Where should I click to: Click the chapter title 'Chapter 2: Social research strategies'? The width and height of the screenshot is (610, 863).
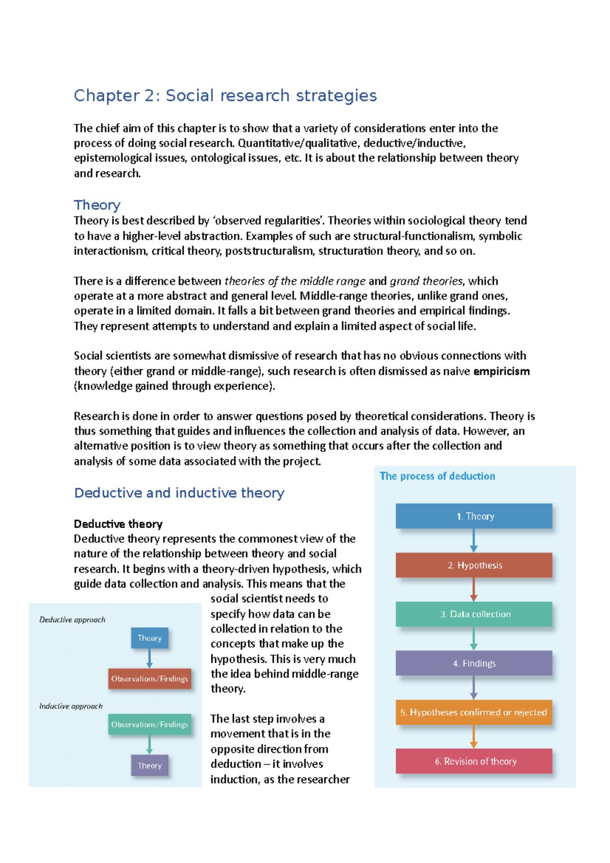pyautogui.click(x=225, y=96)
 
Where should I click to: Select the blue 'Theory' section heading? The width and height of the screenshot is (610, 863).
pyautogui.click(x=97, y=205)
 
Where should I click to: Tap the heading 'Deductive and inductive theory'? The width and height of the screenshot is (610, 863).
pyautogui.click(x=179, y=493)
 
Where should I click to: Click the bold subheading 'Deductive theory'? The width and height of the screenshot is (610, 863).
pyautogui.click(x=118, y=524)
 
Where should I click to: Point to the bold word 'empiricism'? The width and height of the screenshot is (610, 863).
pyautogui.click(x=501, y=371)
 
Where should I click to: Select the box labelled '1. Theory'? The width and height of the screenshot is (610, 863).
pyautogui.click(x=474, y=516)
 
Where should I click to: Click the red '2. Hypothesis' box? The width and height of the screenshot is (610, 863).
pyautogui.click(x=474, y=565)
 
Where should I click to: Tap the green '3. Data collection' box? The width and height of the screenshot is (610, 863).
pyautogui.click(x=474, y=614)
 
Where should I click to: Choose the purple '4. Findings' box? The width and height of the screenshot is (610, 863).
pyautogui.click(x=474, y=663)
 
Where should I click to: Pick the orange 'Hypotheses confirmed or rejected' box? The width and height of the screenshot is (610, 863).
pyautogui.click(x=474, y=712)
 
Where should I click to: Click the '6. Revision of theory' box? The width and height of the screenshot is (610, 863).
pyautogui.click(x=474, y=761)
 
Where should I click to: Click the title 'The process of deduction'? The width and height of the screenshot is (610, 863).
pyautogui.click(x=437, y=476)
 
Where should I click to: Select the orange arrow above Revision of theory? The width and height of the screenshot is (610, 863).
pyautogui.click(x=474, y=736)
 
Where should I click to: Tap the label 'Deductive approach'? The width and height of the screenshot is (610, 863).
pyautogui.click(x=72, y=620)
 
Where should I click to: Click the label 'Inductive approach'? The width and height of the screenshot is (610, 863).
pyautogui.click(x=71, y=706)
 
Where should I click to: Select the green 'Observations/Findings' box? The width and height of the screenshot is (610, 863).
pyautogui.click(x=149, y=724)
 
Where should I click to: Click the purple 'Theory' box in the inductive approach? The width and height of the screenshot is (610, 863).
pyautogui.click(x=149, y=765)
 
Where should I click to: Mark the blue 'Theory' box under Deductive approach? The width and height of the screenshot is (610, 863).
pyautogui.click(x=149, y=638)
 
